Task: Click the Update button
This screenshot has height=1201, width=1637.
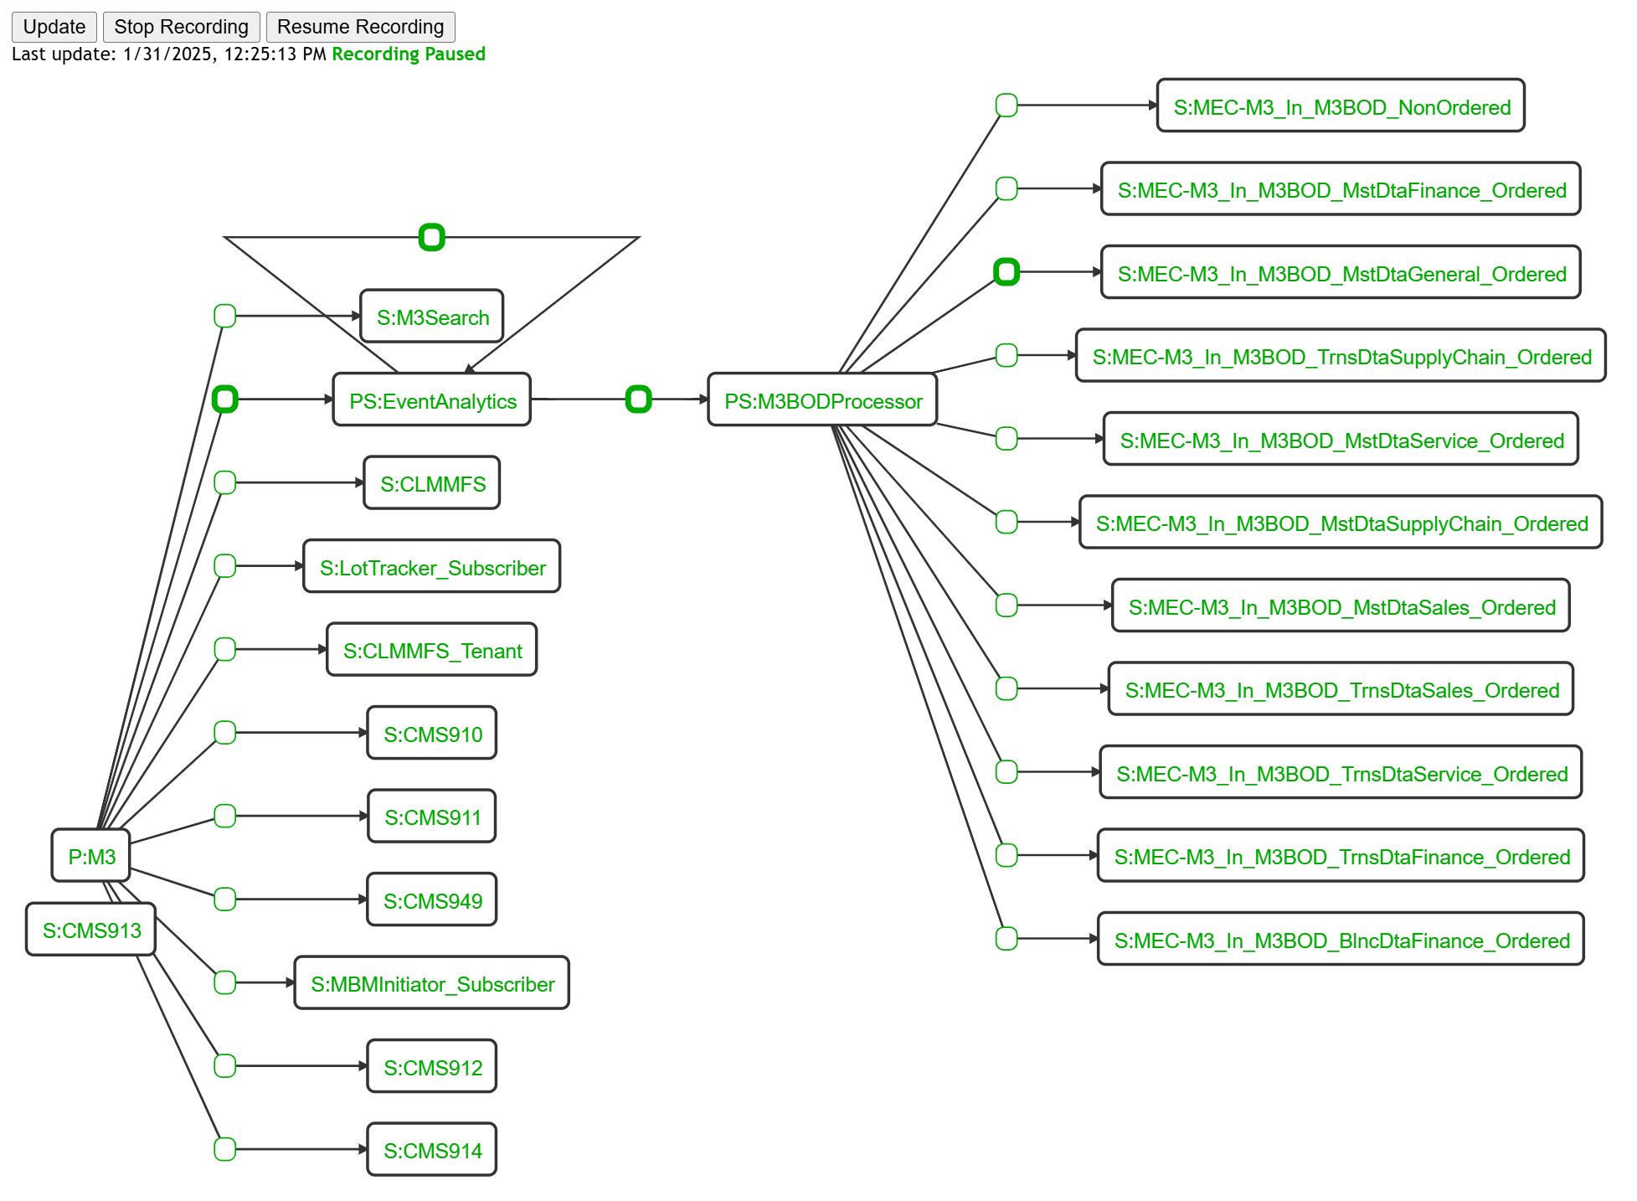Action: (54, 27)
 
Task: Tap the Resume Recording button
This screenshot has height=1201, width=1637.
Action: (360, 27)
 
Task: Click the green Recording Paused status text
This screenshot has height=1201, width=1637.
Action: (409, 54)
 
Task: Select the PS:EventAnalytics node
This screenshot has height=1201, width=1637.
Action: (432, 400)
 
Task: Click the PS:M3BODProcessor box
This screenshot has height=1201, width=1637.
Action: (822, 400)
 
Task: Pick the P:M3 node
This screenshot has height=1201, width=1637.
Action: (91, 856)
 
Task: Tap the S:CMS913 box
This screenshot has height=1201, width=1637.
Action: (91, 930)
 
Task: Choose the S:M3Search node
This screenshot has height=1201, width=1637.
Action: (432, 317)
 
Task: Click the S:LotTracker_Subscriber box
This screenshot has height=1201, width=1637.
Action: (432, 567)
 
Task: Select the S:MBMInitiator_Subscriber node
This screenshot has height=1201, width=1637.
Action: (432, 983)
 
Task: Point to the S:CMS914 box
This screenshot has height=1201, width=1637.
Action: (432, 1150)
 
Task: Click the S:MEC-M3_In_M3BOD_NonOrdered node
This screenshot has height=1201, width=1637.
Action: (1341, 106)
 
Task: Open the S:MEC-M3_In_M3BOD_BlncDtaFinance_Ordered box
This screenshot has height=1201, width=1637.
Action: (1341, 940)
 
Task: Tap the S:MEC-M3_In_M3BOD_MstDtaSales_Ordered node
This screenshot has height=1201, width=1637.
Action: (1341, 606)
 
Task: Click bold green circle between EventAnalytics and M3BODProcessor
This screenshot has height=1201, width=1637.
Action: (638, 399)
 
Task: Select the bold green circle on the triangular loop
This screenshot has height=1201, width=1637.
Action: (431, 238)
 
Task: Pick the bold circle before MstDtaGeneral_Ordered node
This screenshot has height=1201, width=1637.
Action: (1006, 272)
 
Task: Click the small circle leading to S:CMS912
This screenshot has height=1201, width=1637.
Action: (224, 1066)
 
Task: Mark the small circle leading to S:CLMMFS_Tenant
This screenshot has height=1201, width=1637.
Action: (224, 649)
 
